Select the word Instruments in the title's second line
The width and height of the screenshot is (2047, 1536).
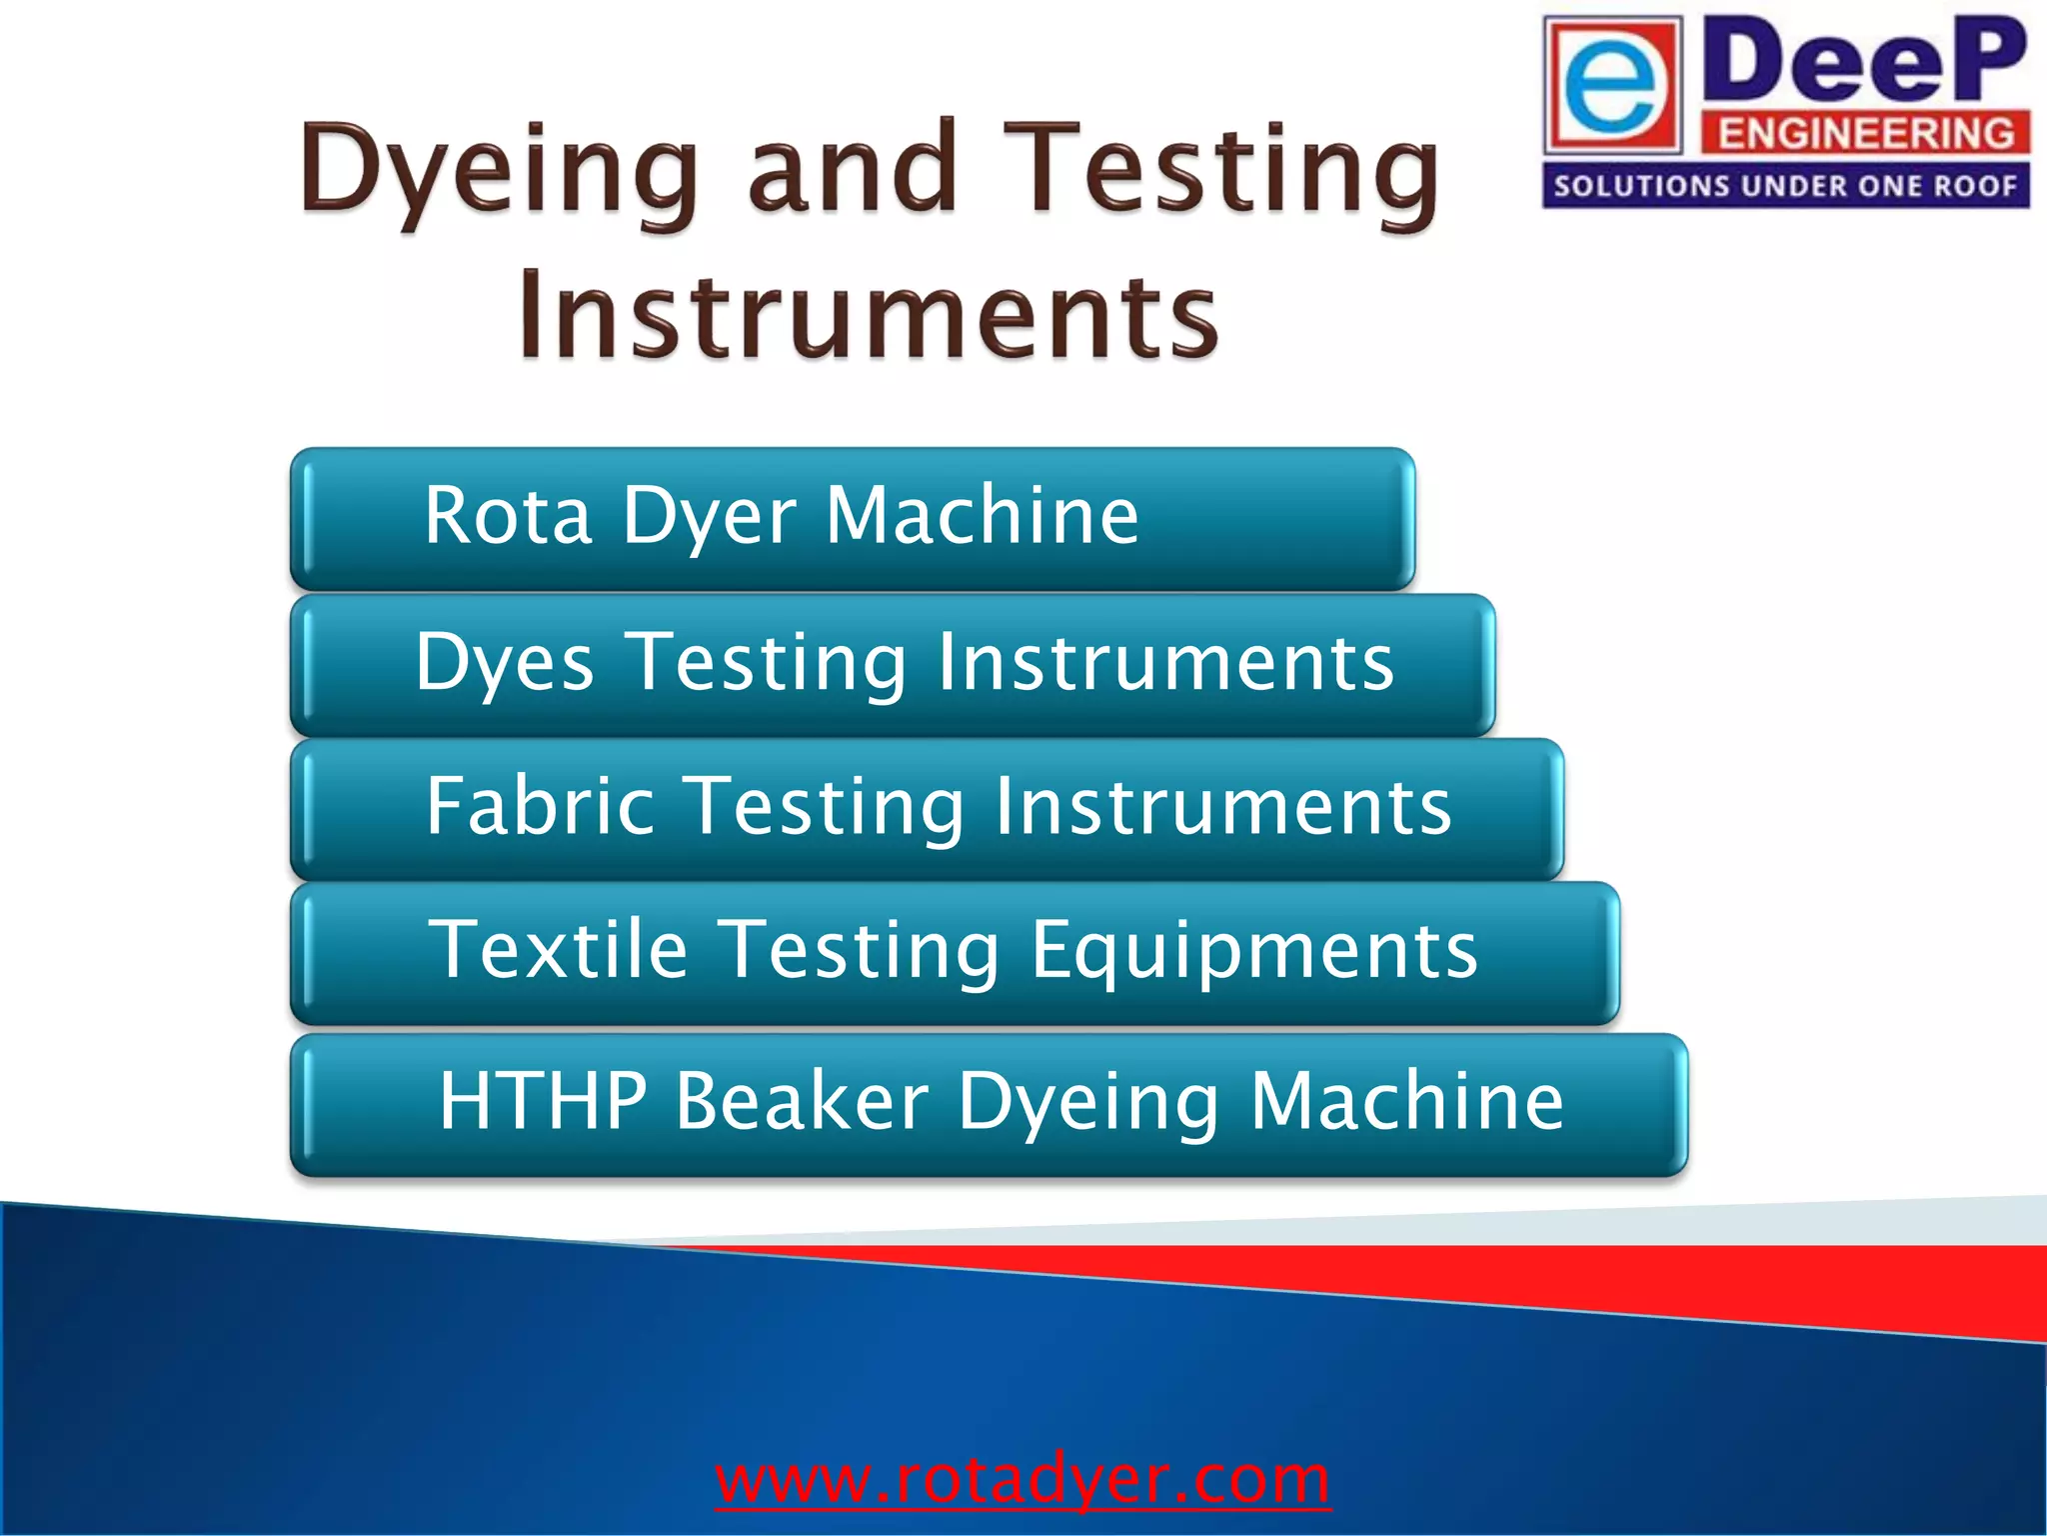click(868, 315)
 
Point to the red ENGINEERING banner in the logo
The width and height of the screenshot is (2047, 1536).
click(1865, 133)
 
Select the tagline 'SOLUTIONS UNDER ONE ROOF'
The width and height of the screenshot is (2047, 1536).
click(1785, 186)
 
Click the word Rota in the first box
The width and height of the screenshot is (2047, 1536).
click(508, 515)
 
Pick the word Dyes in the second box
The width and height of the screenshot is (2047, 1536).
click(505, 663)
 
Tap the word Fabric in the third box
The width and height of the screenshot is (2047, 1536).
click(541, 806)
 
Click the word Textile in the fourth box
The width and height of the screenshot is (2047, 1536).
click(558, 949)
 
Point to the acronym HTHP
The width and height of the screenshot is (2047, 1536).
click(543, 1100)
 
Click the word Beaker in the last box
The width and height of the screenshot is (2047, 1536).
click(802, 1100)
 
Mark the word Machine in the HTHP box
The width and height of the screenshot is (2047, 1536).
click(1407, 1100)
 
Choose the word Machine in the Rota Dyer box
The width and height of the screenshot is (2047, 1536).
click(982, 515)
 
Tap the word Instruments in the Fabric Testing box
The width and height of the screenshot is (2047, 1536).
click(1222, 806)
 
